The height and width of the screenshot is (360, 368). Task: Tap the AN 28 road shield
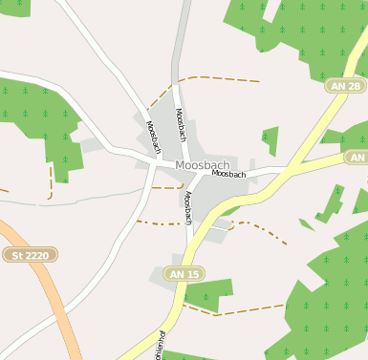pos(346,86)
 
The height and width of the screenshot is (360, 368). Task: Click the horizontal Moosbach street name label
pos(229,174)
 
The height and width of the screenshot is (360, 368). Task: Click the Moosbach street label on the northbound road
pos(182,125)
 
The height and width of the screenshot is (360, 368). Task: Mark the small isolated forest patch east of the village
pos(271,139)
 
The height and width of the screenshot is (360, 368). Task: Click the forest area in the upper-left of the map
pos(43,119)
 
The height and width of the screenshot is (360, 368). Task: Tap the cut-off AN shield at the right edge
pos(357,157)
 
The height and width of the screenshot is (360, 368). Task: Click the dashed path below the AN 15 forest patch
pos(239,309)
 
